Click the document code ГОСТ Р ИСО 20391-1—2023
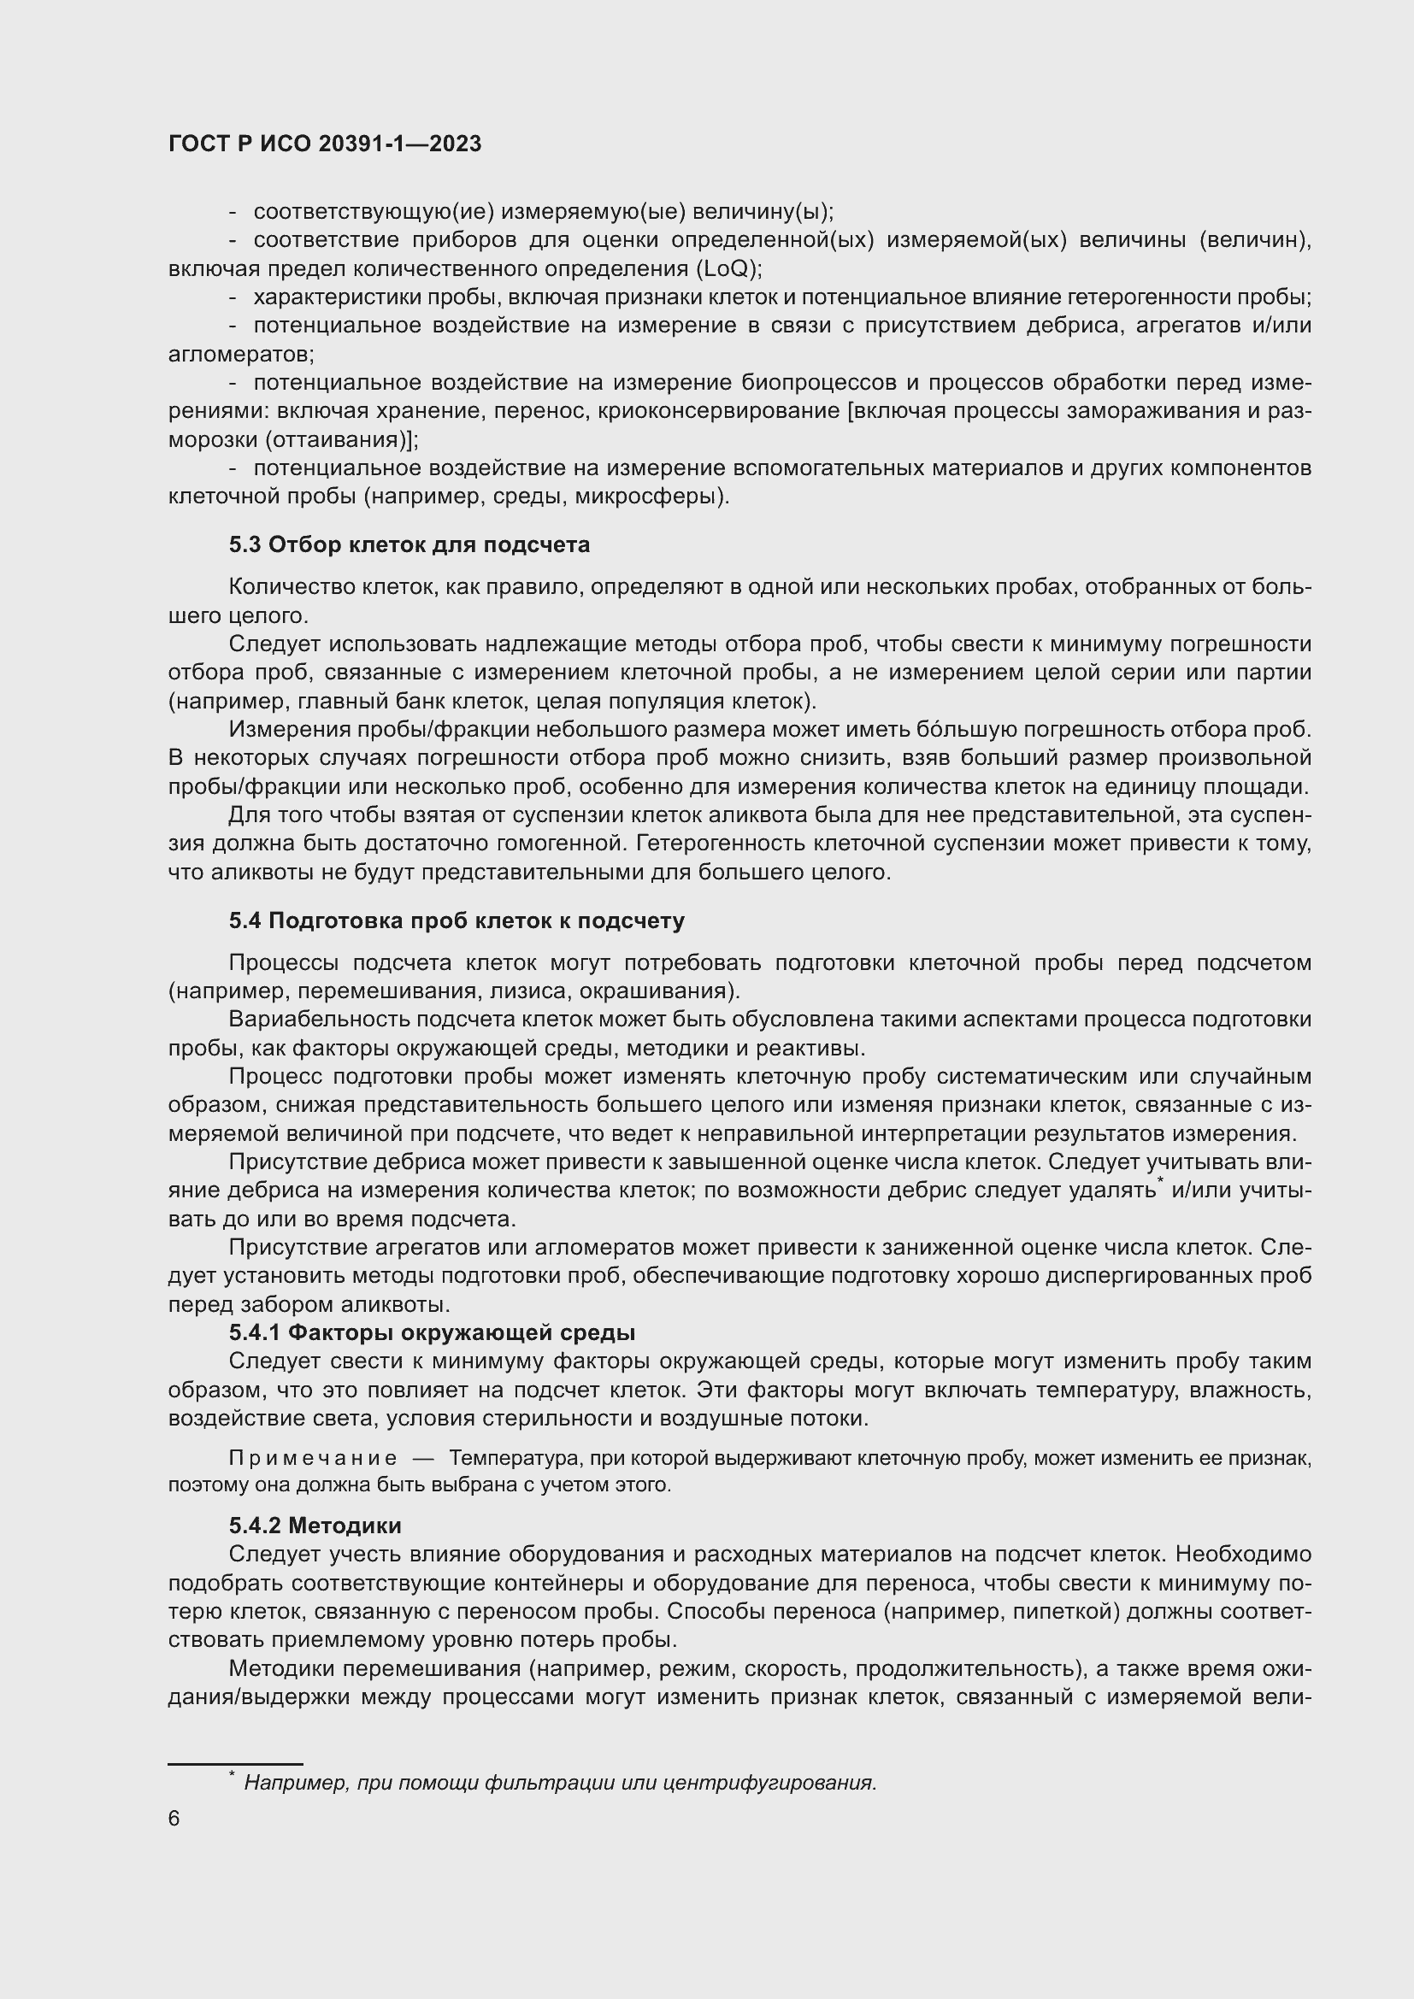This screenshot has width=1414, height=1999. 325,144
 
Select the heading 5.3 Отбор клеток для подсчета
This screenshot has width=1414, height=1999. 409,545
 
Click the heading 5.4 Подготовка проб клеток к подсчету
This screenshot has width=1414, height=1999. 457,920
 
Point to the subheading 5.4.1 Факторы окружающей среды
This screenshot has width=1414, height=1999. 432,1333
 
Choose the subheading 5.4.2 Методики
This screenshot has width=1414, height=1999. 315,1526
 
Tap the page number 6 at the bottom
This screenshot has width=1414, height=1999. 174,1819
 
